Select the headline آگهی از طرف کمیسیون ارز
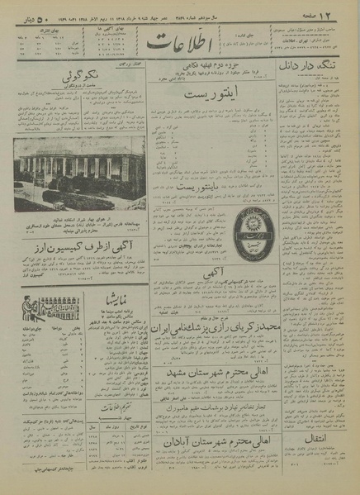pyautogui.click(x=81, y=246)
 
